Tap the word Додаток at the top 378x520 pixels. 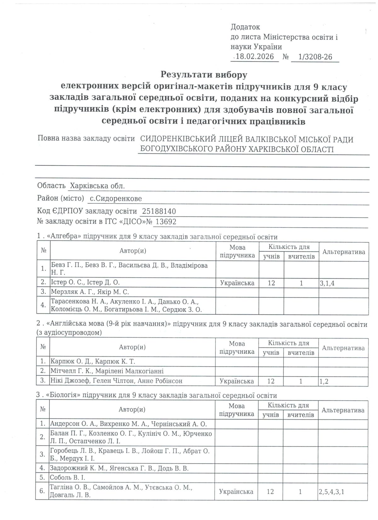coord(245,27)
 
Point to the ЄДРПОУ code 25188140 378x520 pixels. coord(159,211)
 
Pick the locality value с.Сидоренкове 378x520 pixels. coord(116,198)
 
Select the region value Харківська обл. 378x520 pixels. coord(97,186)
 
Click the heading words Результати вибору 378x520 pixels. coord(204,75)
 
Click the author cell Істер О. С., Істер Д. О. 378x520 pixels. coord(85,282)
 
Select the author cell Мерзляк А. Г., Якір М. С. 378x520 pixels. coord(90,292)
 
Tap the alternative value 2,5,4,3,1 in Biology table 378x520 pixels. coord(331,492)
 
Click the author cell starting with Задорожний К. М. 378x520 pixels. coord(119,468)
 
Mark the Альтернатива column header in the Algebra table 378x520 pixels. coord(343,252)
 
